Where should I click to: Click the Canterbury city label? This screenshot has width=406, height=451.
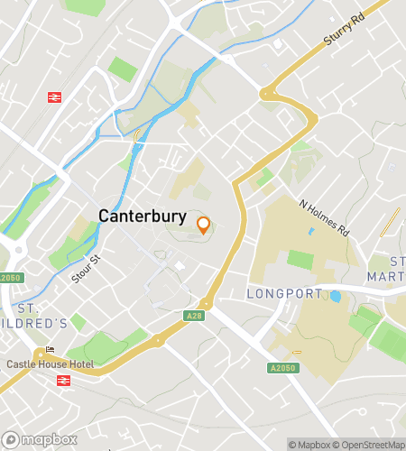tap(142, 216)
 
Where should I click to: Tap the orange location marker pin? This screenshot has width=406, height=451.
tap(203, 225)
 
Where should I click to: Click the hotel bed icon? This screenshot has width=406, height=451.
tap(50, 351)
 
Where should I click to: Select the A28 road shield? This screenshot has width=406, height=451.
tap(196, 315)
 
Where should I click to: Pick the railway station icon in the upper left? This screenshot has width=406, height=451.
tap(54, 96)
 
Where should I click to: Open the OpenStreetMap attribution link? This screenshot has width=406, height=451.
tap(370, 444)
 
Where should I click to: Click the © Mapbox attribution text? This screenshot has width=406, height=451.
tap(309, 444)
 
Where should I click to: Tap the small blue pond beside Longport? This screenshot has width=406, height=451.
tap(336, 296)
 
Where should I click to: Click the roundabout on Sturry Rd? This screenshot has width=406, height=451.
tap(268, 92)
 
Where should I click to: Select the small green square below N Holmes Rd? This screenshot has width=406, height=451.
tap(300, 259)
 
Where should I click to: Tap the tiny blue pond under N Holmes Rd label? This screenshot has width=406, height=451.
tap(311, 231)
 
